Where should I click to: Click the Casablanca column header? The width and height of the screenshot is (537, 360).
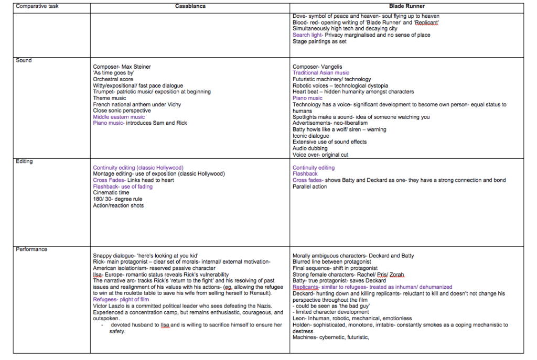190,6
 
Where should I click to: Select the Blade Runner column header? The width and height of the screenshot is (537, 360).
406,6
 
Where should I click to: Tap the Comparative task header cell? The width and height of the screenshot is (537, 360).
35,6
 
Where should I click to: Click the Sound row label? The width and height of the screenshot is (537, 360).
24,60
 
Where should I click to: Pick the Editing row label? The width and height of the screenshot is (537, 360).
24,161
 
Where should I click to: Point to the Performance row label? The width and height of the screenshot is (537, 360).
31,249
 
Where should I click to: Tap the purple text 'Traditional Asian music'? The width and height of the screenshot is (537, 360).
320,73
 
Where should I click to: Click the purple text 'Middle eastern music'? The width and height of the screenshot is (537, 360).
119,117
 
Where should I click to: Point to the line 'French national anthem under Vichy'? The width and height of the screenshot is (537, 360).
137,104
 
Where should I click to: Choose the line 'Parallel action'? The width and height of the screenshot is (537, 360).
309,187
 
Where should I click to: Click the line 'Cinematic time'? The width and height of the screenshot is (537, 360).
111,193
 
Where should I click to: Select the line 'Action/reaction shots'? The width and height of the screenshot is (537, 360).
118,205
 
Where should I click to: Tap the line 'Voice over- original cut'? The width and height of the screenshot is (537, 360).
320,155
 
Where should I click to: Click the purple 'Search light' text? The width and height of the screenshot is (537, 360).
307,35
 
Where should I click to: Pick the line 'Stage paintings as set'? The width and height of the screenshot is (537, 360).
319,41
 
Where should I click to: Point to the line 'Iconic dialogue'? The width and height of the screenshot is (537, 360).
311,136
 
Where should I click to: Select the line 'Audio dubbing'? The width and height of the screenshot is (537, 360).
309,148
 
